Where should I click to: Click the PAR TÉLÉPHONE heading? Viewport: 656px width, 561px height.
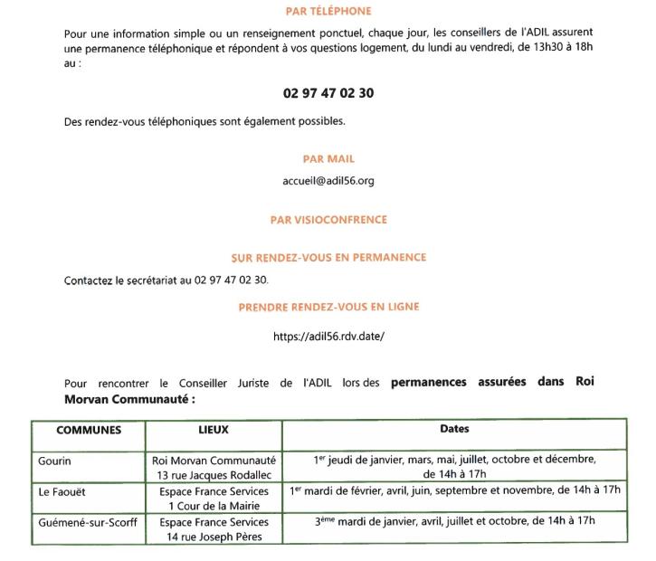328,12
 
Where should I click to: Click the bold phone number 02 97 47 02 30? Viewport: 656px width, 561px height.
328,93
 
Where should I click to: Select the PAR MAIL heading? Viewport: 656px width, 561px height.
328,159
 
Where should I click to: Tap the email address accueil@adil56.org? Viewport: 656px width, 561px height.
328,181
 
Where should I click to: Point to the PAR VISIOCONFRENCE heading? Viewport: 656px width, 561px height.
328,220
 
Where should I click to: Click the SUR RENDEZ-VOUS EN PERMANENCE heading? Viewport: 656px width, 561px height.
328,258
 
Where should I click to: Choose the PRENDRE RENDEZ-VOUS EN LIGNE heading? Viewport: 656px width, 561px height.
328,308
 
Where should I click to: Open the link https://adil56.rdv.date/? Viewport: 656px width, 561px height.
328,337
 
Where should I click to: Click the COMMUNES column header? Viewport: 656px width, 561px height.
89,431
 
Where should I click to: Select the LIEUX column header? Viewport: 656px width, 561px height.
213,430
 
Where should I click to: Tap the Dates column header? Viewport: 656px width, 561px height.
454,429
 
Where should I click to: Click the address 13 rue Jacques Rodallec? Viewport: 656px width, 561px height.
214,474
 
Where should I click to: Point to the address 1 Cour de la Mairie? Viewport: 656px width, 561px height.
214,505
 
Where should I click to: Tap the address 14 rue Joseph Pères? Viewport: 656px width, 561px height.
214,537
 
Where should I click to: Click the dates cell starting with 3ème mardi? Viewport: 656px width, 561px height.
454,521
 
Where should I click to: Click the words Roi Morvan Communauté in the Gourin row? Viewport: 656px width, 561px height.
214,460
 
